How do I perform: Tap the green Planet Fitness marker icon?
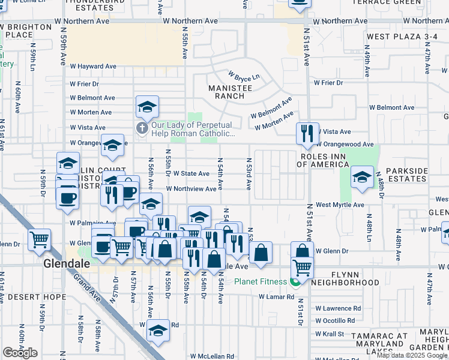point(295,281)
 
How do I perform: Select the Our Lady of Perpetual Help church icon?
point(142,128)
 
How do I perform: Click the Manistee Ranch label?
point(226,92)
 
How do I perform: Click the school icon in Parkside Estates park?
point(361,177)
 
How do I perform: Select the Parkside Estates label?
point(406,175)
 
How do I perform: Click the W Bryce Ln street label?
point(243,77)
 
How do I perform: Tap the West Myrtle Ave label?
point(340,205)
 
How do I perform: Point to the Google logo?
point(20,353)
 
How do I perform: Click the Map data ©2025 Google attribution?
point(411,355)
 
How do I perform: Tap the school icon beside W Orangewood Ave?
point(112,145)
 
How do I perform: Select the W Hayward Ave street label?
point(92,67)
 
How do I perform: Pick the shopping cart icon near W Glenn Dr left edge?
point(39,239)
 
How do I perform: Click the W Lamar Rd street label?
point(277,296)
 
